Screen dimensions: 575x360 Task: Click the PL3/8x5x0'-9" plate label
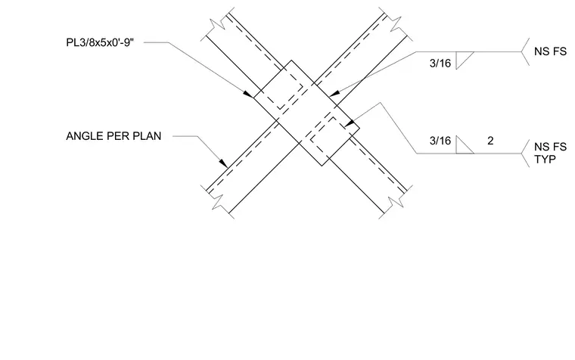[100, 42]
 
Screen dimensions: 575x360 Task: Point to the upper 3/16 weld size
[440, 63]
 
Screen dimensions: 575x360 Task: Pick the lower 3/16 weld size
[440, 141]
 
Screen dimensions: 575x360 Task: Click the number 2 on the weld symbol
[490, 141]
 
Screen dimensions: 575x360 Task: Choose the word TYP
[545, 160]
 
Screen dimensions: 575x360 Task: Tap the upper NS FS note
[550, 51]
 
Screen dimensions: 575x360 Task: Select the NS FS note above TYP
[550, 147]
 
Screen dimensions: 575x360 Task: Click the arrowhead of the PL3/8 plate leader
[249, 95]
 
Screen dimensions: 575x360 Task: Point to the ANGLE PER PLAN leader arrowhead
[224, 163]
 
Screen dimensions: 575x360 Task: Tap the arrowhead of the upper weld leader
[334, 94]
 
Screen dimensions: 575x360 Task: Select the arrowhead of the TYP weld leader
[349, 123]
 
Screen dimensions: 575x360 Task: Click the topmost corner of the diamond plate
[291, 60]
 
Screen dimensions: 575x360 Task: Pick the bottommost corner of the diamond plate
[322, 166]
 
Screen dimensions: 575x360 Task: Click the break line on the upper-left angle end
[218, 22]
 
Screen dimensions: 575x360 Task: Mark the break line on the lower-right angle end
[396, 202]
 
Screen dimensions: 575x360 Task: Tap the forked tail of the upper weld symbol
[525, 51]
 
